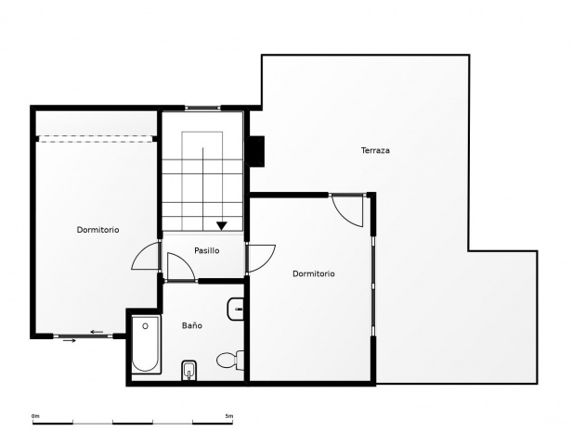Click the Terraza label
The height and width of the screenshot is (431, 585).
coord(375,150)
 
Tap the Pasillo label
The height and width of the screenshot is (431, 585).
coord(207,250)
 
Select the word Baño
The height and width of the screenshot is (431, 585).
coord(192,325)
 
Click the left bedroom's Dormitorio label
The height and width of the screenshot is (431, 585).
coord(97,230)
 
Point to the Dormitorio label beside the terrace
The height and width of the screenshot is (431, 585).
coord(314,273)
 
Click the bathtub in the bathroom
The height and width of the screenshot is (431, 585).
coord(146,344)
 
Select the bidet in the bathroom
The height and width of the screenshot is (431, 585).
coord(189,370)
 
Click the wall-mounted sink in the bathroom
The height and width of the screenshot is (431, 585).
coord(236,310)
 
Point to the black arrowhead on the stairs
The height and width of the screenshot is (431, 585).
coord(222,226)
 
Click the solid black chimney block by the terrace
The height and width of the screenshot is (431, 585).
coord(255,151)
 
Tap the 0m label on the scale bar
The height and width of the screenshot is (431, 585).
coord(35,416)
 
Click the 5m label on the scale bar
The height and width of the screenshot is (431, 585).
coord(229,416)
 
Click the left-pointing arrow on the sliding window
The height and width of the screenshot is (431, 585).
coord(97,332)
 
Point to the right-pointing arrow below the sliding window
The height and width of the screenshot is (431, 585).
coord(70,340)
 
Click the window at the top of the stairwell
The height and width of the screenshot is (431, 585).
coord(202,108)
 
